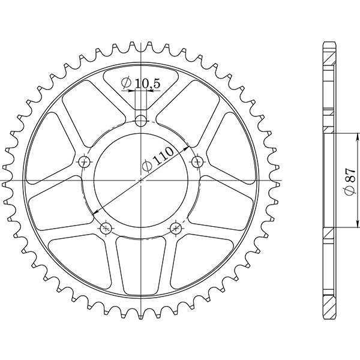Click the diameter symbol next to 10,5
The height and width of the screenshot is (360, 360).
click(127, 83)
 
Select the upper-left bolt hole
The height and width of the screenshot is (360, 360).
click(85, 161)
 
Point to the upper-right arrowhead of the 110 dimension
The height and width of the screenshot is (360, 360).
click(187, 146)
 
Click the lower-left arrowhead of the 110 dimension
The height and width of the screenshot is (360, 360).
click(96, 213)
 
